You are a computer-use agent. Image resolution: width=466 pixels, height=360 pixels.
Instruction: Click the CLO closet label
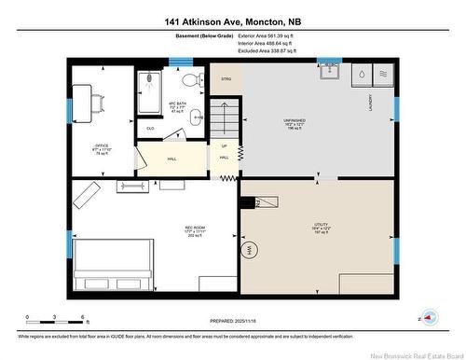click(150, 127)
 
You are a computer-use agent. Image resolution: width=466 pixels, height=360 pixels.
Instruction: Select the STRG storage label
click(225, 80)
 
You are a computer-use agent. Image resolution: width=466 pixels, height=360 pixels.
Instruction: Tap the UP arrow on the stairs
click(224, 146)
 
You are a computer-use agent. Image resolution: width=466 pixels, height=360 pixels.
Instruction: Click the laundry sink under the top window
click(329, 74)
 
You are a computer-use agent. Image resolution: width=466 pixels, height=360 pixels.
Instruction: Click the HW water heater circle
click(249, 250)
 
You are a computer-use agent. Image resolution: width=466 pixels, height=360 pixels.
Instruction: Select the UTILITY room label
click(321, 224)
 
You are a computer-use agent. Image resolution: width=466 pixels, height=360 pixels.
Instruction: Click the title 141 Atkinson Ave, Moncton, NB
click(232, 20)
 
